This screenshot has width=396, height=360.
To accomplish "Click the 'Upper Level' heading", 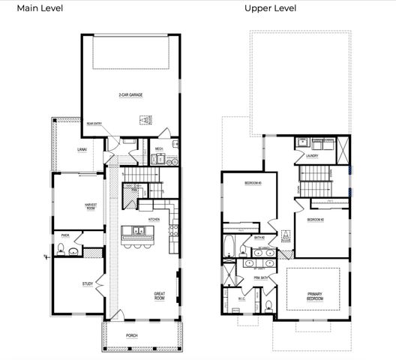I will [270, 8].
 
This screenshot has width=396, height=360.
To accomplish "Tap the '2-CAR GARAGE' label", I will [130, 95].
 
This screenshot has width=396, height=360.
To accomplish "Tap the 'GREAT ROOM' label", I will [159, 295].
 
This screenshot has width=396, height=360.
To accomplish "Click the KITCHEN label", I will [154, 219].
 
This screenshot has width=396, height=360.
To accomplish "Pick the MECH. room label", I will [159, 148].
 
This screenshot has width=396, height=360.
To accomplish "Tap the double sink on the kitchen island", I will [139, 230].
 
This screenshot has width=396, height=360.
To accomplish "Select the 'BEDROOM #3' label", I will [251, 183].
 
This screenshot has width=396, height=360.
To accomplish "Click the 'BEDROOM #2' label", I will [315, 220].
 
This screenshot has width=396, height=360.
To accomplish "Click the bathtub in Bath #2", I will [229, 247].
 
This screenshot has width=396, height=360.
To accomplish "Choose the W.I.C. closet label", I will [242, 298].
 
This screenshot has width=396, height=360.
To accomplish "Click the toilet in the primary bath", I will [268, 304].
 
